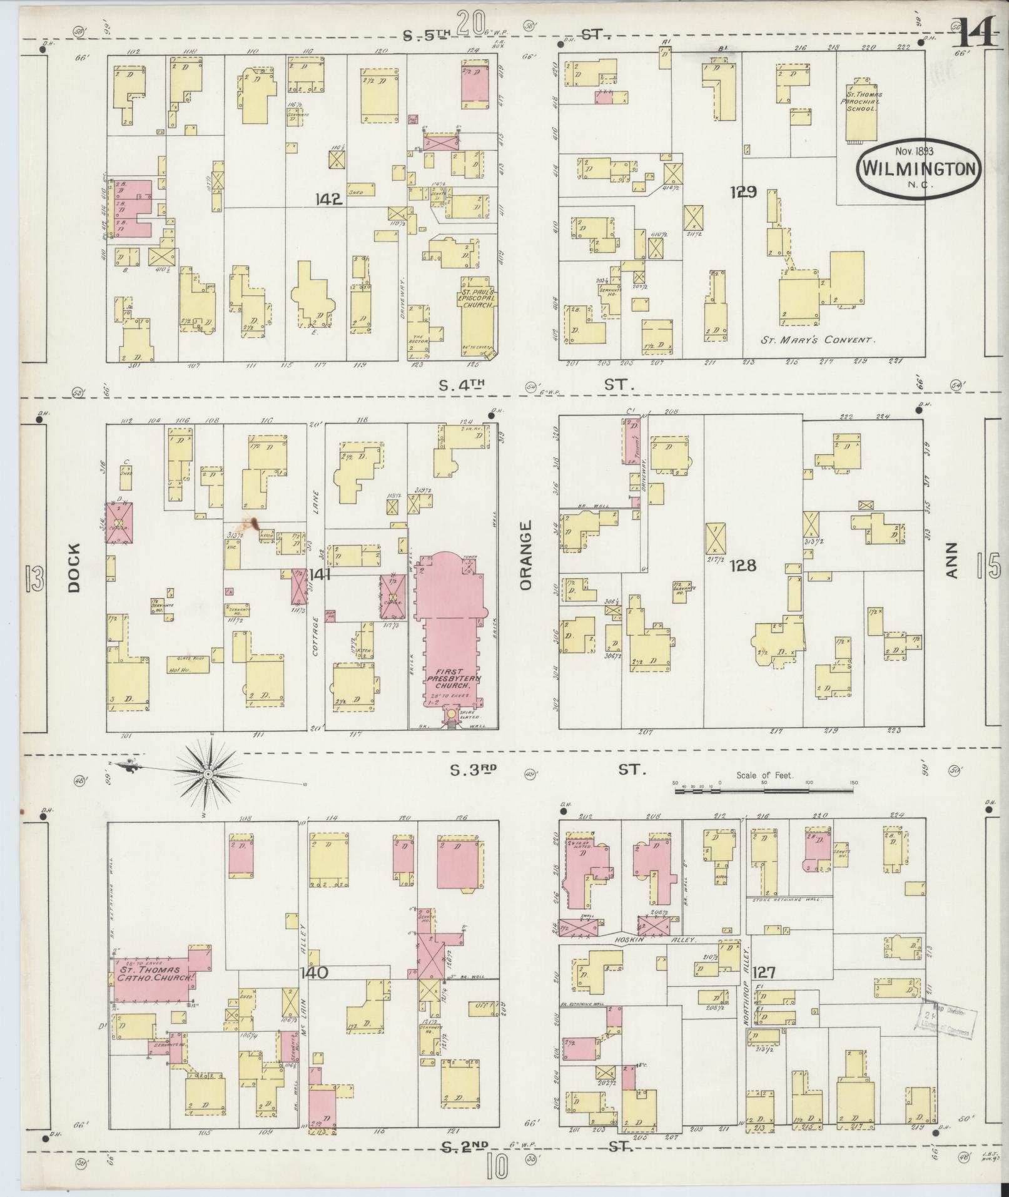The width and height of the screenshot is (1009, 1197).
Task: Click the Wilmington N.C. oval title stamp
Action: point(918,167)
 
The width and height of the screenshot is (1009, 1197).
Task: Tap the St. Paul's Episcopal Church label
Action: point(479,299)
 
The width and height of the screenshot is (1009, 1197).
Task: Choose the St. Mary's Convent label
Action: point(816,340)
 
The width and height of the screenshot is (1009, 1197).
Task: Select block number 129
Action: point(743,192)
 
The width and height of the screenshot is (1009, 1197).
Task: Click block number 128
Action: point(743,566)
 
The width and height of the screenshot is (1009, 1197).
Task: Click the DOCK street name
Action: point(74,574)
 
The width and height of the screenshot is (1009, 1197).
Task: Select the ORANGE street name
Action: point(524,554)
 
